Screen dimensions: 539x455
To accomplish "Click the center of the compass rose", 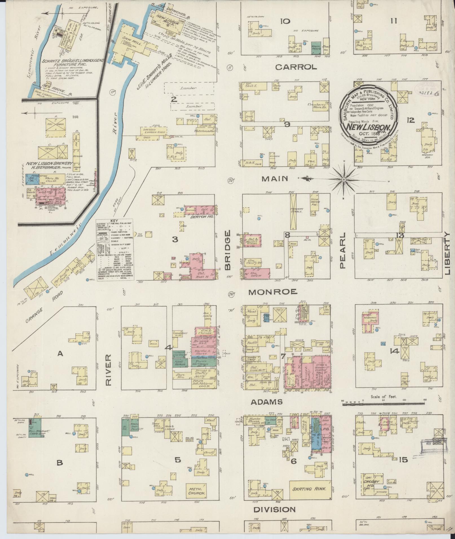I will click(x=344, y=179).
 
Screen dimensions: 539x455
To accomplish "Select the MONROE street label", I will click(x=272, y=292).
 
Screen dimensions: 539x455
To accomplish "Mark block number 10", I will click(x=285, y=21).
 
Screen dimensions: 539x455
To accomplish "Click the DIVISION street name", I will click(x=274, y=509).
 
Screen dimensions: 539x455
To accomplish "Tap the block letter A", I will click(x=60, y=354).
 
